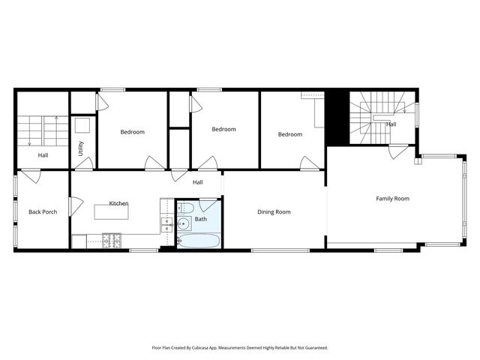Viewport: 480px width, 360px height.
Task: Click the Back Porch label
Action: pyautogui.click(x=43, y=212)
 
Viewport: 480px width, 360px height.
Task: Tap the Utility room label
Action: pyautogui.click(x=81, y=148)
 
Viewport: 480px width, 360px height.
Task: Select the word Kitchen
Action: pyautogui.click(x=118, y=203)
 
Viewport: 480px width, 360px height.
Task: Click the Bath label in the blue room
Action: pyautogui.click(x=200, y=220)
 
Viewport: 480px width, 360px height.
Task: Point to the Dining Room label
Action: pyautogui.click(x=274, y=212)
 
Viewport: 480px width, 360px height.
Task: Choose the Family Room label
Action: pyautogui.click(x=392, y=199)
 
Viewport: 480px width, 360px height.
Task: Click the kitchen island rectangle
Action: pyautogui.click(x=111, y=212)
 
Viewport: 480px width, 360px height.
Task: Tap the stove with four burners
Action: pyautogui.click(x=112, y=241)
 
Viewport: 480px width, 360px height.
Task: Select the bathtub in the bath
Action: pyautogui.click(x=199, y=241)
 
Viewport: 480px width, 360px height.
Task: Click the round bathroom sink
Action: pyautogui.click(x=184, y=223)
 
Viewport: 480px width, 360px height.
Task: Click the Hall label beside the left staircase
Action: pyautogui.click(x=43, y=155)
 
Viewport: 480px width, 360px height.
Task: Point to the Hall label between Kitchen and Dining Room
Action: pyautogui.click(x=197, y=182)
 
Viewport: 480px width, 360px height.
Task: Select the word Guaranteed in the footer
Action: pyautogui.click(x=313, y=348)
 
